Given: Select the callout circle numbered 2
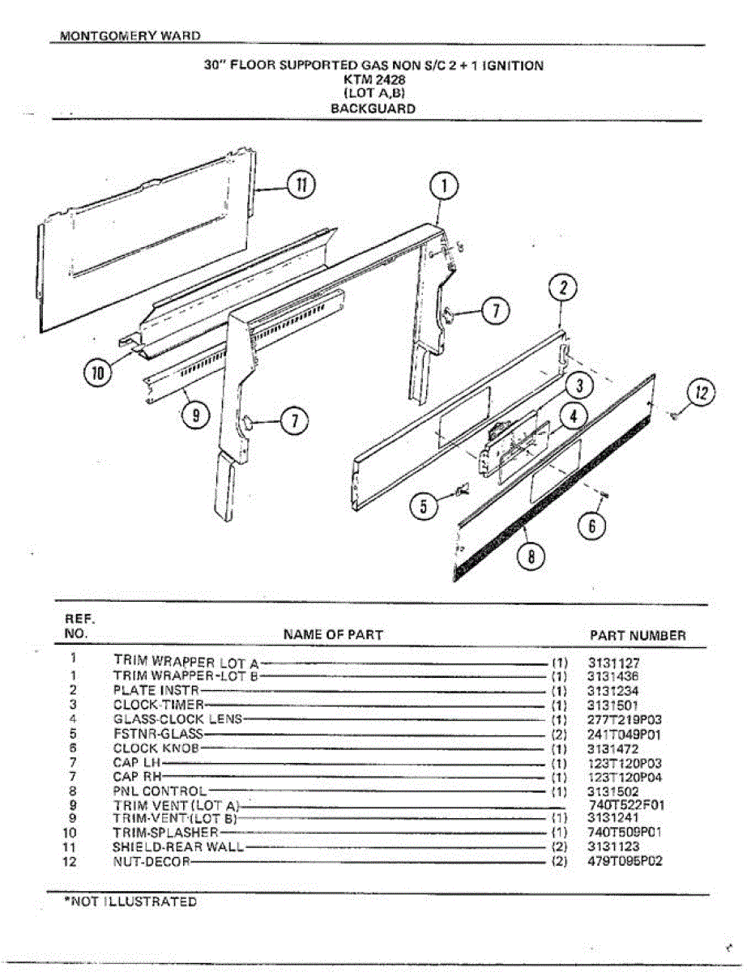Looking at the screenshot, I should pos(563,288).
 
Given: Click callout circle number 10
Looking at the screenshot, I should pos(98,373).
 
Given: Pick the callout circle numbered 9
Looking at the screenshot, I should pos(194,415).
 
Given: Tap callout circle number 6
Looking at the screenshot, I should pos(591,526).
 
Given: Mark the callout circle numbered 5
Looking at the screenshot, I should pos(423,506).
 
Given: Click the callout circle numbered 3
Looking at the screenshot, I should pos(580,384).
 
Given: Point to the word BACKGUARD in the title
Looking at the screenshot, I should pos(373,109).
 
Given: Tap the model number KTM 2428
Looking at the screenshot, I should pos(374,80).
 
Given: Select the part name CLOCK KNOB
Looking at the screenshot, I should pos(156,748).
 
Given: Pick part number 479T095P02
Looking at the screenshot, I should pos(625,861).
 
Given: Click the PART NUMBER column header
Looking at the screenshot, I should pos(638,636).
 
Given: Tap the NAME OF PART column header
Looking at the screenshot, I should pos(333,634).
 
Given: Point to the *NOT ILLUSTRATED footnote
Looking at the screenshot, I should pos(130,902).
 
